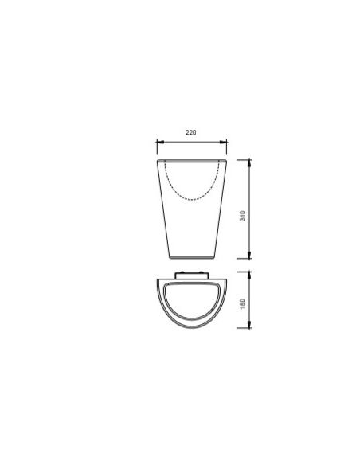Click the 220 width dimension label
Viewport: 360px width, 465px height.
pyautogui.click(x=190, y=132)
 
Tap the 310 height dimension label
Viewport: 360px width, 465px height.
pyautogui.click(x=243, y=215)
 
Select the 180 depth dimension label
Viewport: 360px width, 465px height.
pyautogui.click(x=243, y=303)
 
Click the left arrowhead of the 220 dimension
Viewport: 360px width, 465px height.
pyautogui.click(x=160, y=142)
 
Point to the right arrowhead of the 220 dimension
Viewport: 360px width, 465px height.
pyautogui.click(x=223, y=142)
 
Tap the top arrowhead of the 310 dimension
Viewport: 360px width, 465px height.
pyautogui.click(x=249, y=163)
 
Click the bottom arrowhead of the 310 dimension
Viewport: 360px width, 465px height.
pyautogui.click(x=249, y=255)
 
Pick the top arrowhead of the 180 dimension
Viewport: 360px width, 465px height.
pyautogui.click(x=249, y=275)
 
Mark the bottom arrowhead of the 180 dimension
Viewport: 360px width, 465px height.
pyautogui.click(x=249, y=325)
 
